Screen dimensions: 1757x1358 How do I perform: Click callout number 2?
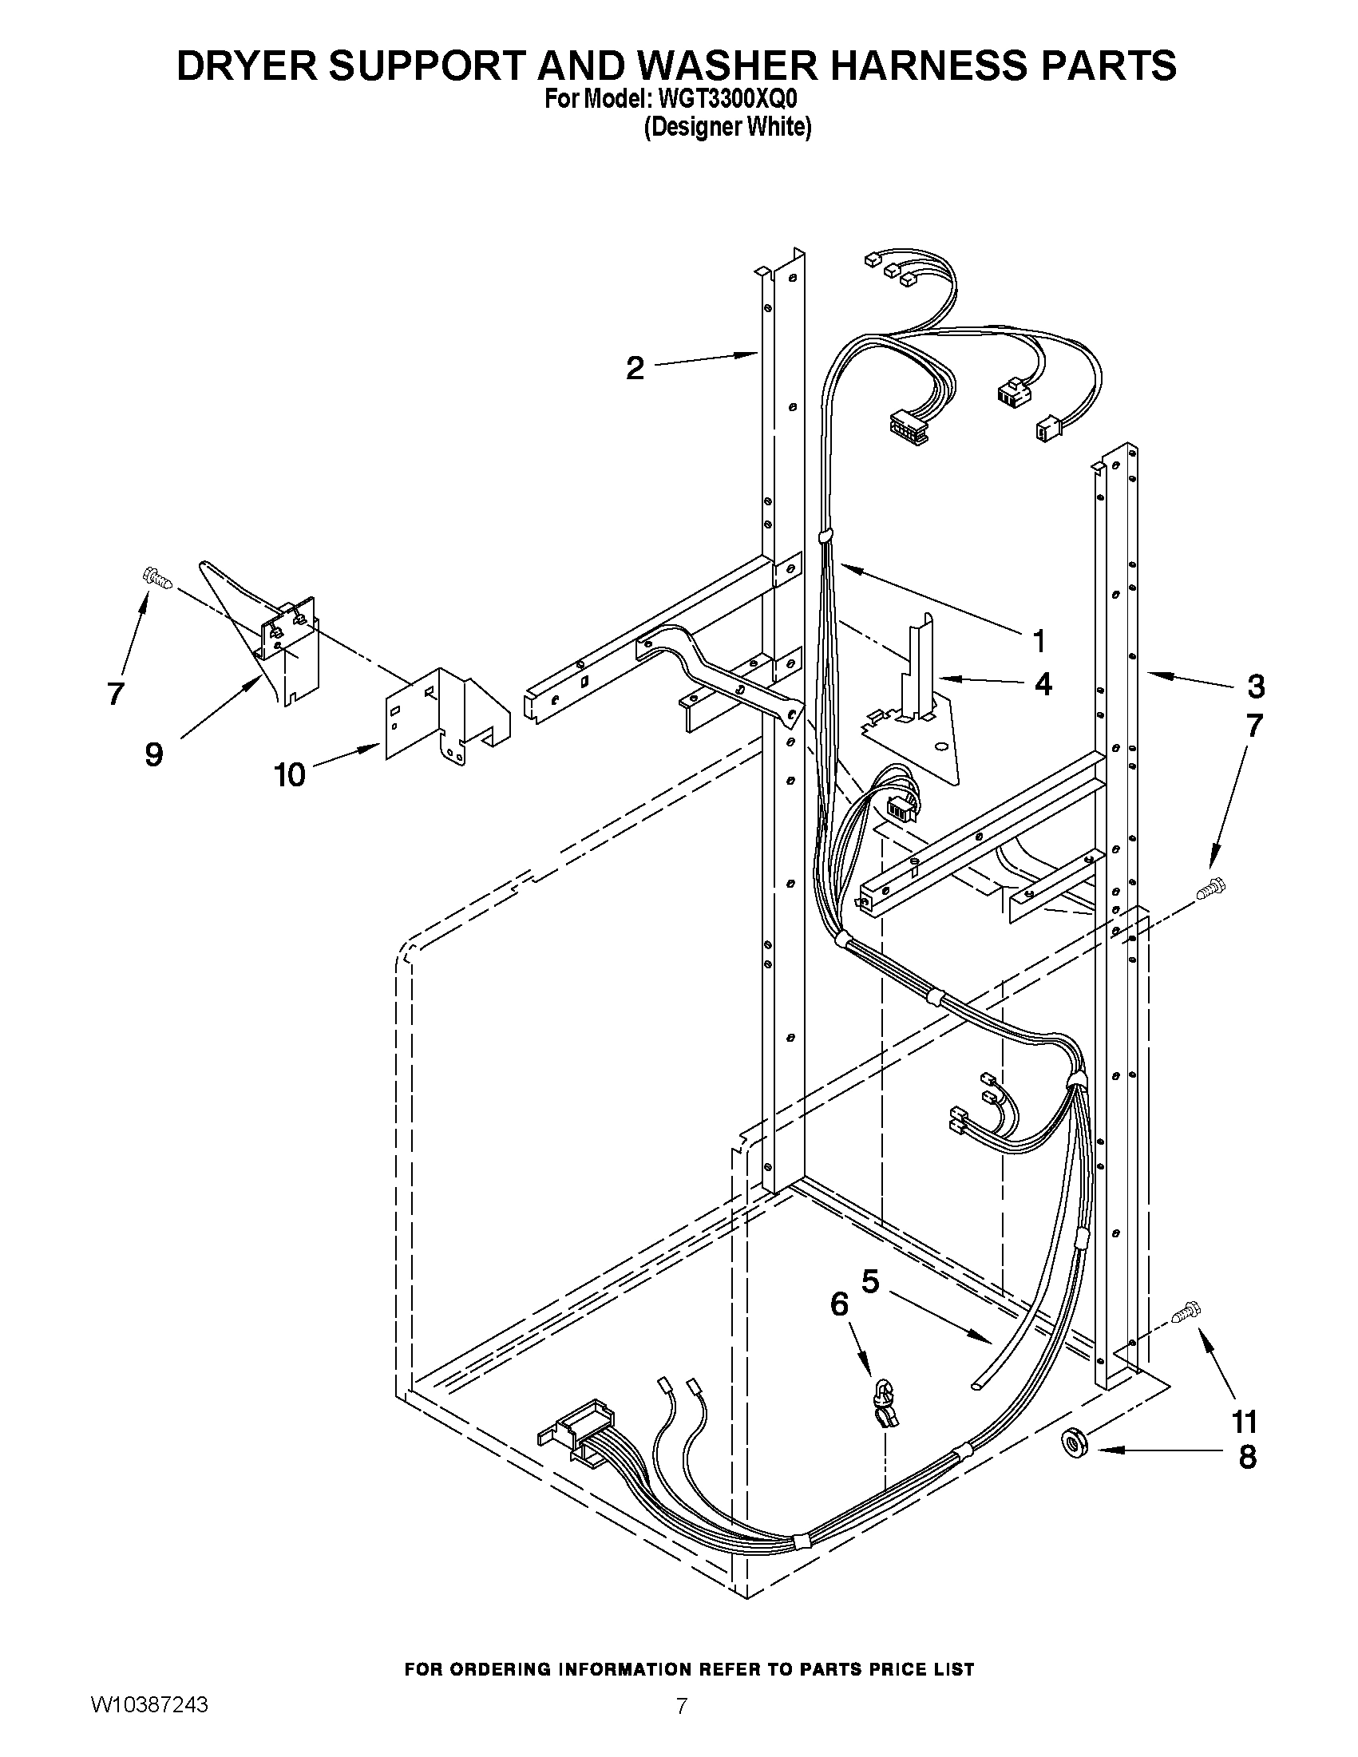tap(635, 369)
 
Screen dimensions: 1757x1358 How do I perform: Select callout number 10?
tap(290, 774)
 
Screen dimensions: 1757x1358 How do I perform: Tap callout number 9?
tap(153, 754)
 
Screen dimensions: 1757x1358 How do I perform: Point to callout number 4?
tap(1043, 684)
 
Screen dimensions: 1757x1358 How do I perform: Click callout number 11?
tap(1245, 1422)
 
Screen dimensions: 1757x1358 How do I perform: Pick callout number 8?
tap(1247, 1456)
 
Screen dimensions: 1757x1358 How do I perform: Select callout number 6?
tap(839, 1304)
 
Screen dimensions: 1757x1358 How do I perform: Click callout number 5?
tap(870, 1280)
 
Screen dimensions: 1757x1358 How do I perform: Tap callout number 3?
tap(1255, 687)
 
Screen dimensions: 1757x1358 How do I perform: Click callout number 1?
tap(1039, 641)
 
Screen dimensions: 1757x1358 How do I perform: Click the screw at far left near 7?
tap(158, 576)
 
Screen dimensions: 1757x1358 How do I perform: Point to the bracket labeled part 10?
tap(446, 712)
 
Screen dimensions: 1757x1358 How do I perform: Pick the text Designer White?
tap(727, 127)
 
